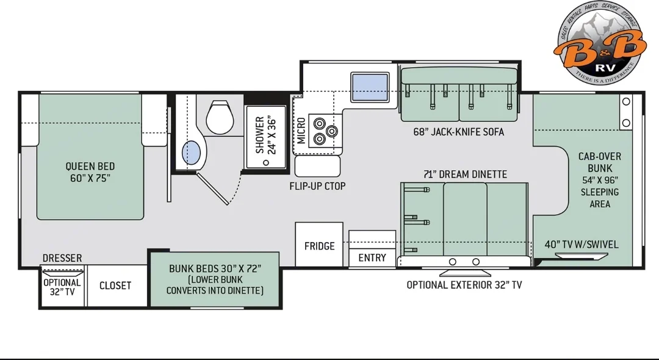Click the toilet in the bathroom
pos(220,117)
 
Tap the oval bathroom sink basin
pos(191,153)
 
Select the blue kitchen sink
pos(370,87)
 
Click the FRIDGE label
pos(319,246)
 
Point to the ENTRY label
pos(372,257)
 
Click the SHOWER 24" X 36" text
pos(266,135)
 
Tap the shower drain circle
pos(265,162)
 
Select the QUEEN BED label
pos(90,166)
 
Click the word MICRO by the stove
pos(301,131)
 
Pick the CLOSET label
pos(115,286)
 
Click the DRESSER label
pos(62,258)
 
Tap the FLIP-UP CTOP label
pos(317,186)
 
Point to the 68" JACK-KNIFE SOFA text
pos(458,132)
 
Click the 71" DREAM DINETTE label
pos(465,174)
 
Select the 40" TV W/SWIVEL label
pos(582,245)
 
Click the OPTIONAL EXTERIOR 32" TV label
pos(464,285)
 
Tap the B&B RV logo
pos(600,42)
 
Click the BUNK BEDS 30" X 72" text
pos(215,268)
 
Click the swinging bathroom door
pos(213,189)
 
